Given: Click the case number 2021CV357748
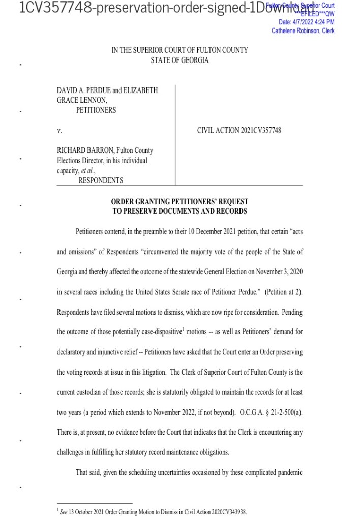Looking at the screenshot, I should click(258, 131).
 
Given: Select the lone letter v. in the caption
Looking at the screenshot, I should click(59, 131).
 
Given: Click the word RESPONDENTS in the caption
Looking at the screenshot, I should click(101, 180).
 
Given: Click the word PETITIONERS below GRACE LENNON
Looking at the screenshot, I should click(96, 110).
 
